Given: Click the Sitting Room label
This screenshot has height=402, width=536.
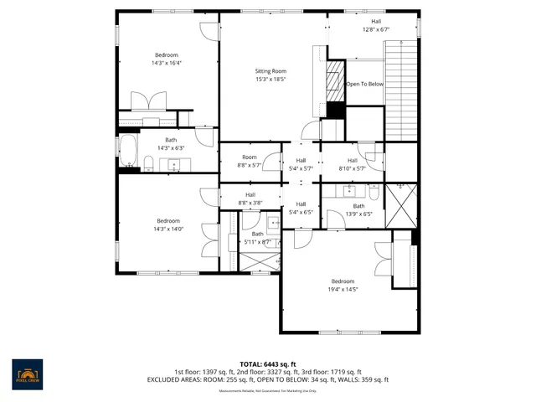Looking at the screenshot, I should [x=271, y=71].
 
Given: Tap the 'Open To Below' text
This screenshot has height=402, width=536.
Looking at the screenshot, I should [x=365, y=84].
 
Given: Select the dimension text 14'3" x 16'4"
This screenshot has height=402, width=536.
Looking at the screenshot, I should [x=167, y=63].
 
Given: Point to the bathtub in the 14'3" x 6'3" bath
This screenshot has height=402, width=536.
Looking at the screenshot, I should [x=128, y=152].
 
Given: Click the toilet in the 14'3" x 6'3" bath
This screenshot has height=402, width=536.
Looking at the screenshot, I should [x=148, y=162].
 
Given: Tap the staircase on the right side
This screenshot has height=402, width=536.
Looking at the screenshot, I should [x=399, y=92].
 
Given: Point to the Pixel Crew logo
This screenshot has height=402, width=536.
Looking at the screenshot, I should [x=28, y=372].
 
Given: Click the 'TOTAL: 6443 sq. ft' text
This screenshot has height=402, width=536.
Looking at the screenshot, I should [x=268, y=364].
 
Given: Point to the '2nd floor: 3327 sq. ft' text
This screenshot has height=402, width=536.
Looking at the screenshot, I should [x=268, y=372].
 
